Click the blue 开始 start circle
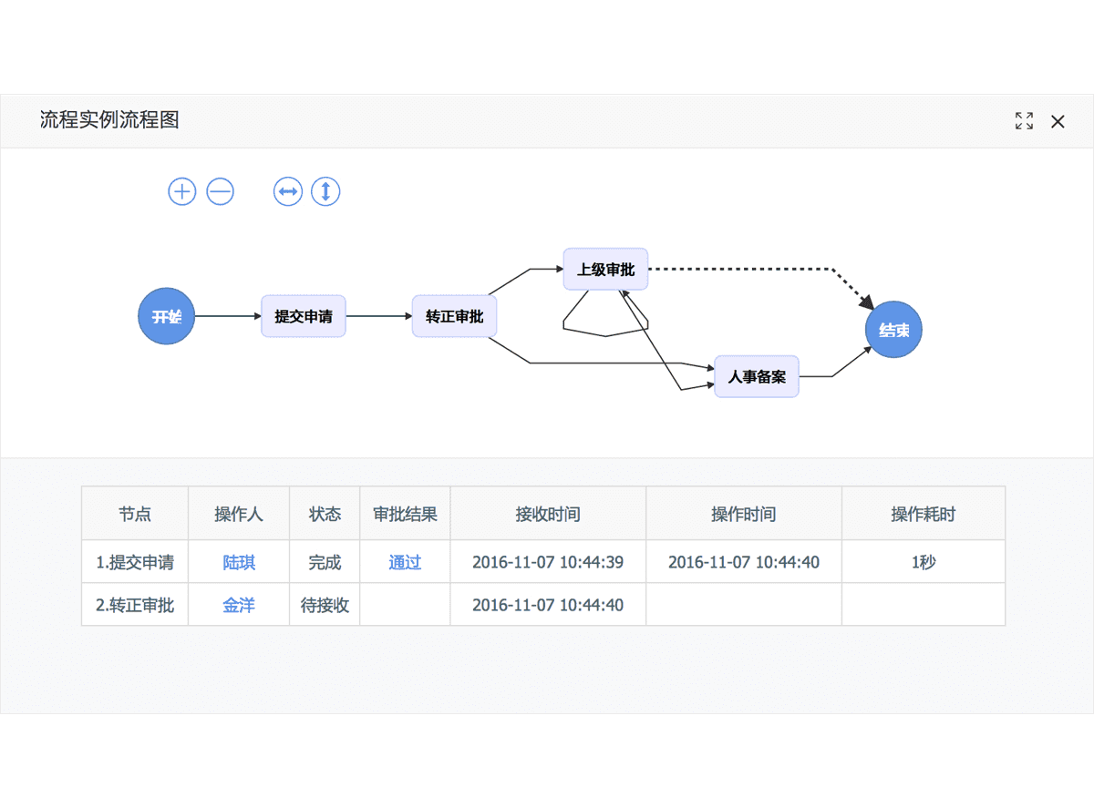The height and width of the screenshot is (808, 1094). coord(166,316)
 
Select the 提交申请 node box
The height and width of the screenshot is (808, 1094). coord(303,316)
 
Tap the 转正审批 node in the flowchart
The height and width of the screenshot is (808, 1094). coord(454,316)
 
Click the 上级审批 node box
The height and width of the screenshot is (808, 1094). coord(605,269)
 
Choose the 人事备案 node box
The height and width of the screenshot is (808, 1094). coord(757,376)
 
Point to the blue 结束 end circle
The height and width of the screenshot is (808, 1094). coord(893,330)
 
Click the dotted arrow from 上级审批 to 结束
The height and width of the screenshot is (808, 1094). coord(748,269)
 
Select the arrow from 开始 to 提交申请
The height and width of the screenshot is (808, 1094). coord(228,316)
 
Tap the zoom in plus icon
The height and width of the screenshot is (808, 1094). coord(182,191)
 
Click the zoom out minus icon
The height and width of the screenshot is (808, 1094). coord(221,191)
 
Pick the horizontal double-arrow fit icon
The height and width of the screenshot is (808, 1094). coord(288,191)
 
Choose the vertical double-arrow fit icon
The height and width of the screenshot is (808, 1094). coord(325,191)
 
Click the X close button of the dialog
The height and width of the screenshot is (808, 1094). coord(1058,121)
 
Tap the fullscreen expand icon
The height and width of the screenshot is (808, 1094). coord(1024,121)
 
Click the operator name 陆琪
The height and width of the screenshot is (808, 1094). coord(239,562)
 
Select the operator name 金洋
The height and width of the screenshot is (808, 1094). coord(239,605)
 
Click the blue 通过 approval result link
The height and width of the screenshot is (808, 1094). coord(405,562)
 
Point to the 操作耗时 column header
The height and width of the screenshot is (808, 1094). coord(923,514)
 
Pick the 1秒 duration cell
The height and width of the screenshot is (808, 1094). coord(923,562)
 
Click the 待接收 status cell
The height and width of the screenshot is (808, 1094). coord(325,605)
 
